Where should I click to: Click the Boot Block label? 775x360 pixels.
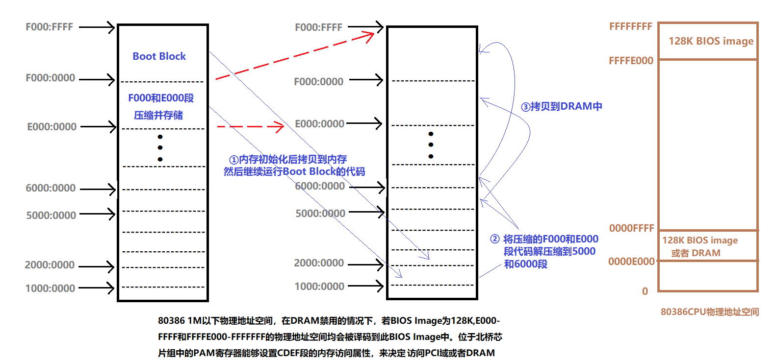(159, 56)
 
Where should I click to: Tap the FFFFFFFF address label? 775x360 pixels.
(630, 26)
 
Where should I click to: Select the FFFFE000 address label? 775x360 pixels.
(631, 61)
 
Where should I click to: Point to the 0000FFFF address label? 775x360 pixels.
(631, 228)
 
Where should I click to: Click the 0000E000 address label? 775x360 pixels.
(631, 262)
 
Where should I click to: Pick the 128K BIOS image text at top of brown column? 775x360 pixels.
(711, 41)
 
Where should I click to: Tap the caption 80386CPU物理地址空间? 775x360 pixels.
(709, 312)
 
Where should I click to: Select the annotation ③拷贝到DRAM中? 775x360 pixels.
(561, 106)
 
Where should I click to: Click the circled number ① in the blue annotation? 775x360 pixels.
(234, 160)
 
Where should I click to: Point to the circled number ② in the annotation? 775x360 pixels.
(495, 239)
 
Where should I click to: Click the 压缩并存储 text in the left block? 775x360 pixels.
(158, 115)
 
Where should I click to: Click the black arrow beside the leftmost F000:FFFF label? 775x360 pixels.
(97, 27)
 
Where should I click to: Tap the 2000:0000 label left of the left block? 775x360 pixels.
(50, 265)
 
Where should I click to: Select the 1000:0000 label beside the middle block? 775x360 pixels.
(319, 287)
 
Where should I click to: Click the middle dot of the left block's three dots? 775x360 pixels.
(160, 147)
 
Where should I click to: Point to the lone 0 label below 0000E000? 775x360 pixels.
(645, 291)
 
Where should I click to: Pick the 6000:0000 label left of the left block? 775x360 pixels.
(51, 188)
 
